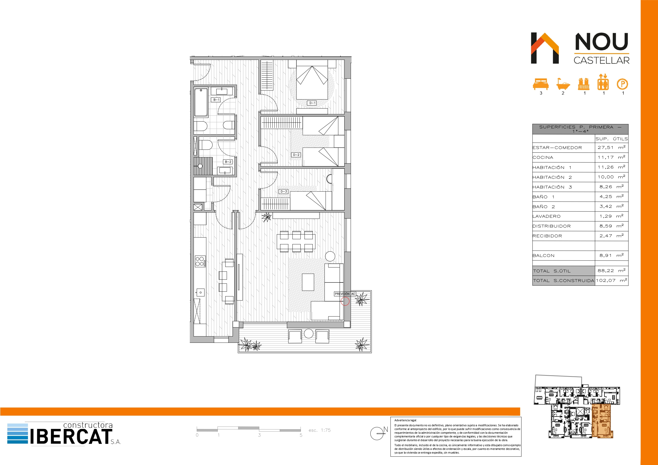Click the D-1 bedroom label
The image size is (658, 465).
pyautogui.click(x=312, y=103)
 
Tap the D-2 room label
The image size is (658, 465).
pyautogui.click(x=296, y=155)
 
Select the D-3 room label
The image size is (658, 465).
pyautogui.click(x=283, y=191)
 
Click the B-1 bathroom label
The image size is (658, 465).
pyautogui.click(x=216, y=100)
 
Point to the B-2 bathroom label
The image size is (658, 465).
pyautogui.click(x=228, y=162)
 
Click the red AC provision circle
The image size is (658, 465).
pyautogui.click(x=345, y=301)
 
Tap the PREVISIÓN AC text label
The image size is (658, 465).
pyautogui.click(x=345, y=294)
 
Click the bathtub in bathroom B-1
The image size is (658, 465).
pyautogui.click(x=201, y=102)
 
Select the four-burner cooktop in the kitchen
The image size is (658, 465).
pyautogui.click(x=200, y=261)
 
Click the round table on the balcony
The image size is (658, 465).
pyautogui.click(x=309, y=334)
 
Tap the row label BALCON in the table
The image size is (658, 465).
pyautogui.click(x=543, y=256)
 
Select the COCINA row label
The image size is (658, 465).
pyautogui.click(x=543, y=158)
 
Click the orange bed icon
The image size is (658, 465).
pyautogui.click(x=541, y=84)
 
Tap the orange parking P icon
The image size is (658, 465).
pyautogui.click(x=622, y=84)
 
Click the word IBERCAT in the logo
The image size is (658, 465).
pyautogui.click(x=71, y=436)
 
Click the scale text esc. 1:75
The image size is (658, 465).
pyautogui.click(x=319, y=430)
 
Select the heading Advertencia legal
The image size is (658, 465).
pyautogui.click(x=406, y=420)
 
